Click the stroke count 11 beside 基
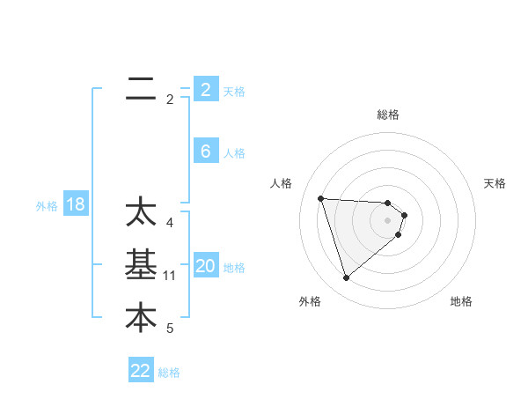pos(170,276)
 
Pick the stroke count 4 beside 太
pos(169,223)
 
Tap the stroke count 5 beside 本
pos(169,329)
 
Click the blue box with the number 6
pos(205,152)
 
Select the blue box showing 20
pos(205,266)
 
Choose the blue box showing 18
pos(76,205)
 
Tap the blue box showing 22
pos(141,371)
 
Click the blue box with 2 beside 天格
pos(205,90)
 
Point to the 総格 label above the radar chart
pos(388,115)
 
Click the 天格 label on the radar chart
pos(495,183)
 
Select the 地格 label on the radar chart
pos(461,301)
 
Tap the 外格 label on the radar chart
pos(310,301)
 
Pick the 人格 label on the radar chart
pos(281,183)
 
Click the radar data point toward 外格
pos(346,278)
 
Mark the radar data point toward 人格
pos(320,198)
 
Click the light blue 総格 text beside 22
pos(169,373)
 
